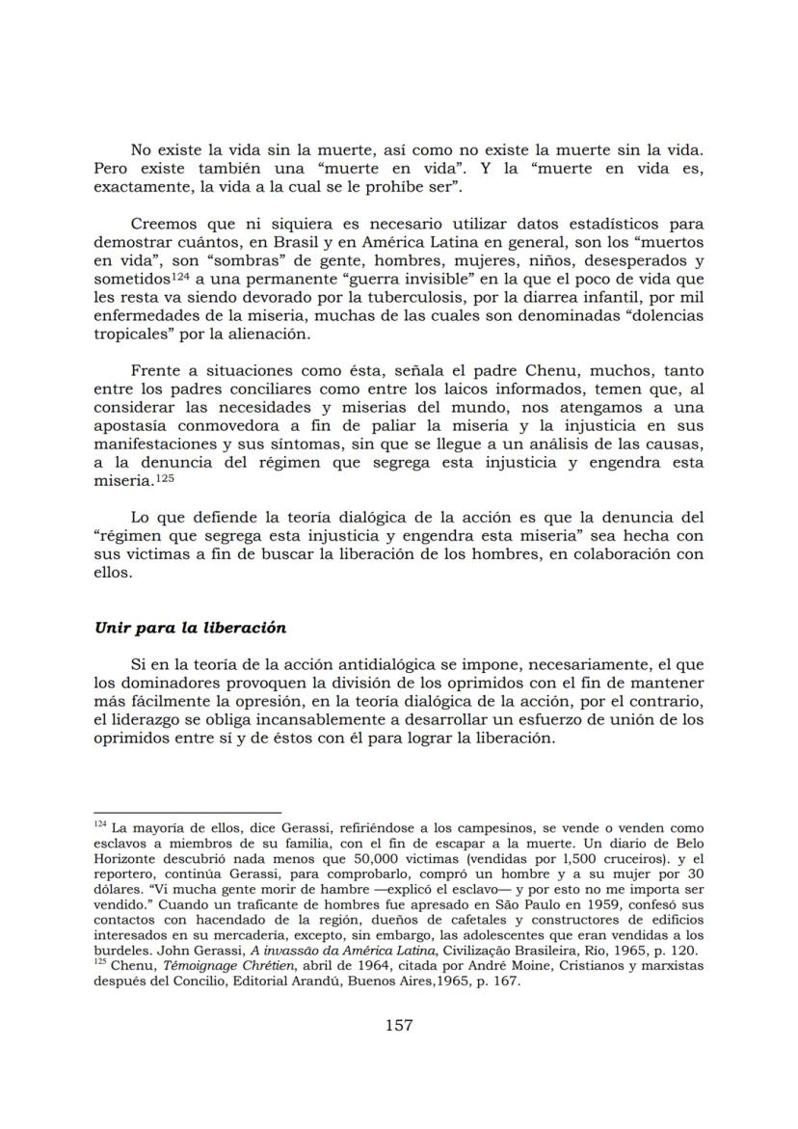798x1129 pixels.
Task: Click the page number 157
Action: tap(399, 1025)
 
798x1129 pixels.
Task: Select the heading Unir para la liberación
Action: tap(190, 627)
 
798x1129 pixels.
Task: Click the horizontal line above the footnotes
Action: tap(187, 813)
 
